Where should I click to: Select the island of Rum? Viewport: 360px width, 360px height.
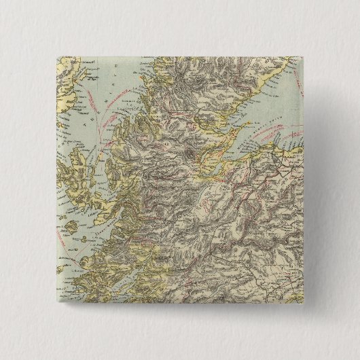click(x=71, y=228)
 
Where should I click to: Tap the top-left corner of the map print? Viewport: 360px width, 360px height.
click(x=51, y=50)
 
